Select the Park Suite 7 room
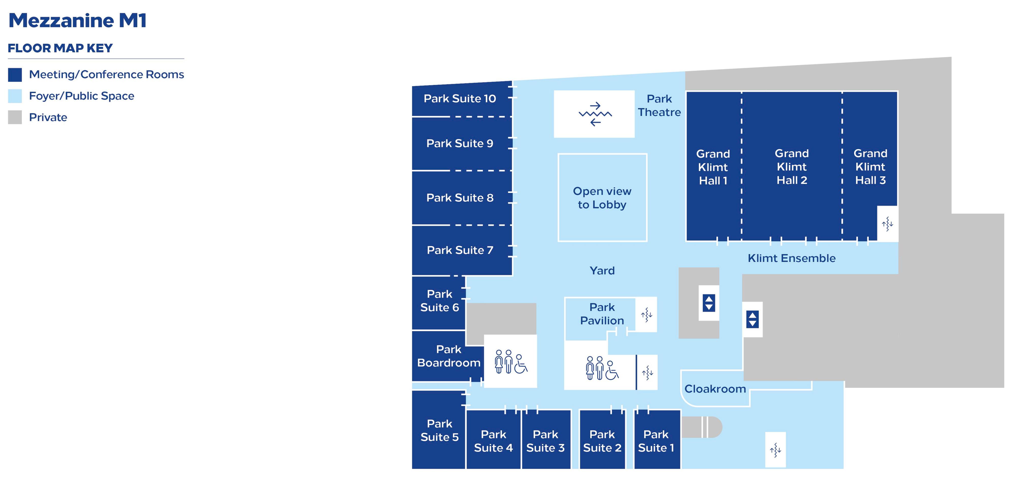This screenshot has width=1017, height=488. (x=460, y=250)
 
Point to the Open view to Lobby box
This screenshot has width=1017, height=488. (x=602, y=198)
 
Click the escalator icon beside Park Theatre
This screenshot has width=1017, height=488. (x=595, y=114)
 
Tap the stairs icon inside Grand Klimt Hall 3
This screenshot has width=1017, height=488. (x=887, y=224)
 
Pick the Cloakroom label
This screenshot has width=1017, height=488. (x=715, y=389)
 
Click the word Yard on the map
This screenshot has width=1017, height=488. (x=602, y=271)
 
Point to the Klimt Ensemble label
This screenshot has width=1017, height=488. (x=791, y=258)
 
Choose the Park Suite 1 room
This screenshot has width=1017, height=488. (x=656, y=441)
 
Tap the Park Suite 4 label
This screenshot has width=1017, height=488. (x=493, y=441)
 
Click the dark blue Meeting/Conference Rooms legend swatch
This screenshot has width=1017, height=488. (x=15, y=75)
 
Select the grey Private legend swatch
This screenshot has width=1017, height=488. (x=15, y=117)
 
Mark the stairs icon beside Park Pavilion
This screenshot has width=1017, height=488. (x=646, y=315)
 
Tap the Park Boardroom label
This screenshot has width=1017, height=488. (x=448, y=356)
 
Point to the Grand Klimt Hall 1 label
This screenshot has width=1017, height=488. (x=713, y=167)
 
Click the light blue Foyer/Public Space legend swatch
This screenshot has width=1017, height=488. (x=15, y=96)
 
